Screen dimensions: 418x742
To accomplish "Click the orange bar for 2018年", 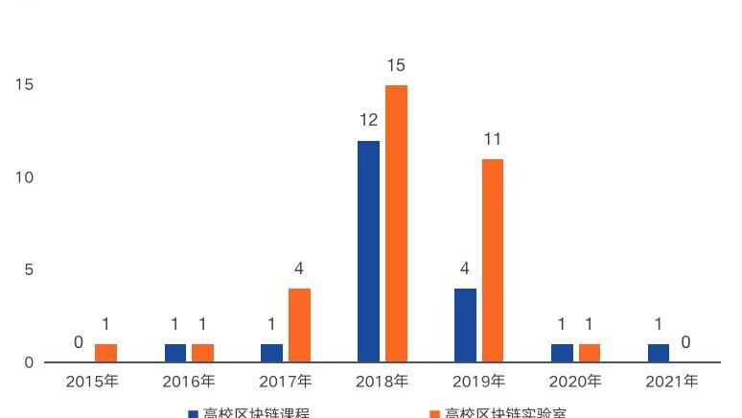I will (x=396, y=223).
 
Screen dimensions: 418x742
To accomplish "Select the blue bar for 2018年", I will (x=368, y=251).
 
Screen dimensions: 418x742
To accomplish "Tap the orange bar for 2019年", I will (x=492, y=261).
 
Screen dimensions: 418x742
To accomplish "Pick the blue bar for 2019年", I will (x=465, y=325).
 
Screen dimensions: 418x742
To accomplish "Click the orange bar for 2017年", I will (x=299, y=325).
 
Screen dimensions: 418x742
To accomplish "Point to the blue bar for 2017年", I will (x=271, y=353).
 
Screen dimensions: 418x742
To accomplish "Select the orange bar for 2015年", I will (x=105, y=353).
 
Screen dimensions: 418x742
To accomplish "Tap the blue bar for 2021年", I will (x=659, y=353).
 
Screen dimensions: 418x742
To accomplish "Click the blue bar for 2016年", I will (x=174, y=353).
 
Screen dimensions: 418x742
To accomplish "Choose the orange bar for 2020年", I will (x=590, y=353).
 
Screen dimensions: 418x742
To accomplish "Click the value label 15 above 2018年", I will (x=396, y=65).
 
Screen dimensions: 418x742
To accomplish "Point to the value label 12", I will (x=368, y=121).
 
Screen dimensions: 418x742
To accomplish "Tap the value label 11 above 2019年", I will (x=492, y=139).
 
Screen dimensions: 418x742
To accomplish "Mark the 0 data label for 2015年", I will (x=79, y=342).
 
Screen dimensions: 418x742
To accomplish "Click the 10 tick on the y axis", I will (x=24, y=177).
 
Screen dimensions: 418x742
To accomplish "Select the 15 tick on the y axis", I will (x=24, y=84).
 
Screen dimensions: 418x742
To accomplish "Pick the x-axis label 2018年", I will (x=382, y=382).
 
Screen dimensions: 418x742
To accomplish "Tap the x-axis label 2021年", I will (x=671, y=382).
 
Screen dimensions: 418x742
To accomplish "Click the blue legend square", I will (x=192, y=414).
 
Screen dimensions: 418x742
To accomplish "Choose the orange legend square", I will (x=434, y=414).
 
